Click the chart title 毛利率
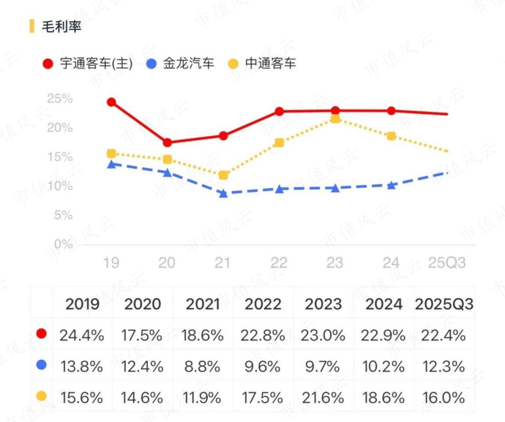pos(61,26)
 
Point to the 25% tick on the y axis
pos(60,99)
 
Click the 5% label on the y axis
pos(64,215)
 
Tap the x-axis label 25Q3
pos(447,263)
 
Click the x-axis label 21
pos(223,263)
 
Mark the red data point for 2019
pos(111,103)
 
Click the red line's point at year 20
pos(167,142)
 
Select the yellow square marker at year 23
pos(335,119)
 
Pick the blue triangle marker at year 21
pos(223,193)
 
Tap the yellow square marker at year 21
pos(223,175)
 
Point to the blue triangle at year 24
pos(391,185)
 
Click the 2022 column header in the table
pos(263,304)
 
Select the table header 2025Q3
pos(444,304)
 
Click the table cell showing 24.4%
pos(82,336)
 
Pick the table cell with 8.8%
pos(202,367)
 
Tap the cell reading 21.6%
pos(323,398)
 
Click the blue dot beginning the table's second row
pos(42,365)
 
